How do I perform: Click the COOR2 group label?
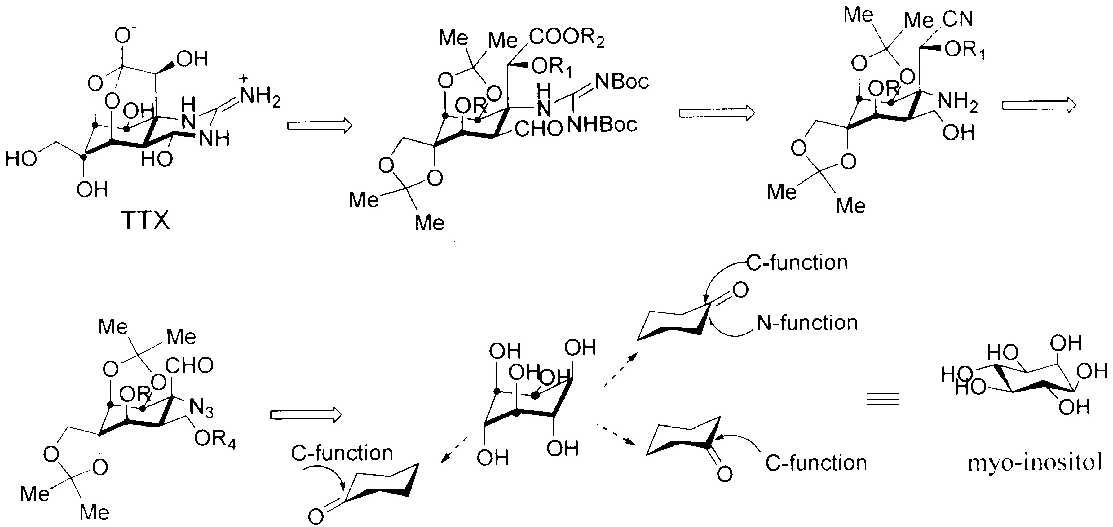click(566, 38)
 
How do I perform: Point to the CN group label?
click(958, 19)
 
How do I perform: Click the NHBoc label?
click(602, 125)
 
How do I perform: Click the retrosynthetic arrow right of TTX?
click(320, 126)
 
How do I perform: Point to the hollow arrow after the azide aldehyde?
click(306, 415)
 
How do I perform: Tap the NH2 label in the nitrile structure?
click(958, 103)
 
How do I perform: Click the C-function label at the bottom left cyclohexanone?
click(342, 453)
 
